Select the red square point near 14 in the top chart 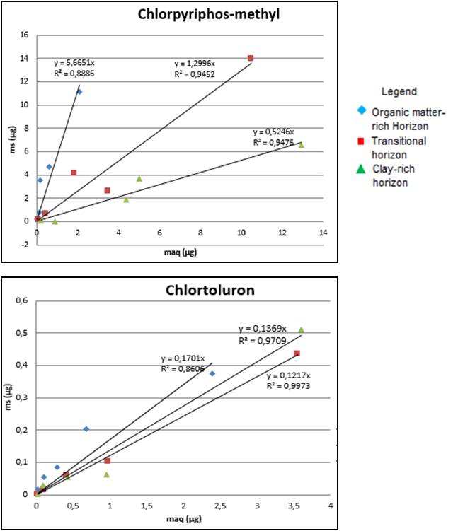[251, 58]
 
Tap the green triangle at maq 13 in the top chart [302, 144]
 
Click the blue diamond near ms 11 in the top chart [79, 92]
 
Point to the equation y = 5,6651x [79, 62]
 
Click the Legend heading [399, 91]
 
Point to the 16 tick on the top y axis [23, 35]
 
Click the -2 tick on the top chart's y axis [23, 244]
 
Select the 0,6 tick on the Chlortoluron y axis [21, 300]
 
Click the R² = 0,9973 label [289, 386]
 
